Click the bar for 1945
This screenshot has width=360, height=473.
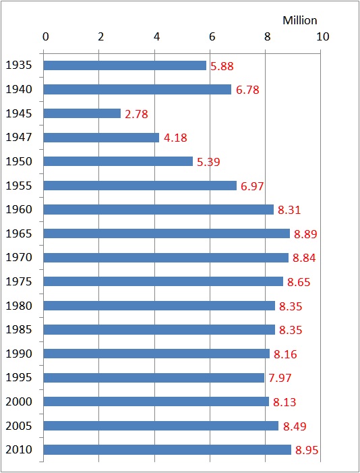point(82,113)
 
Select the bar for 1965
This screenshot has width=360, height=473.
point(167,233)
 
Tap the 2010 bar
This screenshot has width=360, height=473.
point(167,449)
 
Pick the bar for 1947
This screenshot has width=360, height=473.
point(101,138)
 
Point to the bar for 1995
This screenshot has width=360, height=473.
point(154,377)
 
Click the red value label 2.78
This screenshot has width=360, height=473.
point(137,114)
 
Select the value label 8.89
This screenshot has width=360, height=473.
point(306,234)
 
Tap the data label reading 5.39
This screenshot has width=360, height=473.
point(208,162)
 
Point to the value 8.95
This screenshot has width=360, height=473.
point(307,450)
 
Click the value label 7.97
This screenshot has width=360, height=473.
point(280,378)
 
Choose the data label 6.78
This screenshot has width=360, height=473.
point(247,90)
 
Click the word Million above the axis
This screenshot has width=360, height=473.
point(299,21)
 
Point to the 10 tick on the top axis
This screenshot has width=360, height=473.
point(322,36)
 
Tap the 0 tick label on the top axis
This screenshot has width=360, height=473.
point(45,36)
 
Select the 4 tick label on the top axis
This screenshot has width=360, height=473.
point(156,36)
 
